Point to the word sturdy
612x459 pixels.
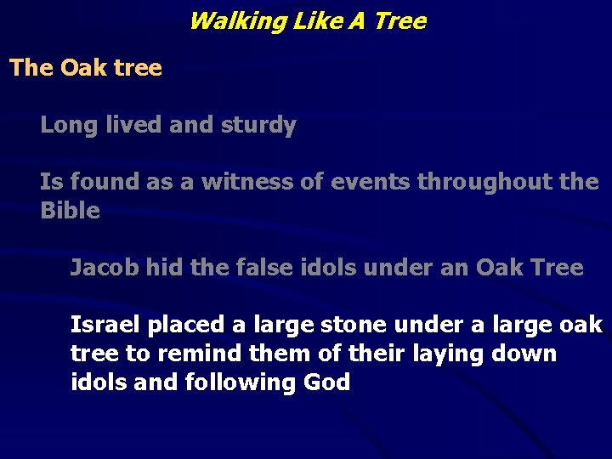258,126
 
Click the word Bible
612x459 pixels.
70,211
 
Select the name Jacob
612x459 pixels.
104,269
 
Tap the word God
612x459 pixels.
326,382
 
